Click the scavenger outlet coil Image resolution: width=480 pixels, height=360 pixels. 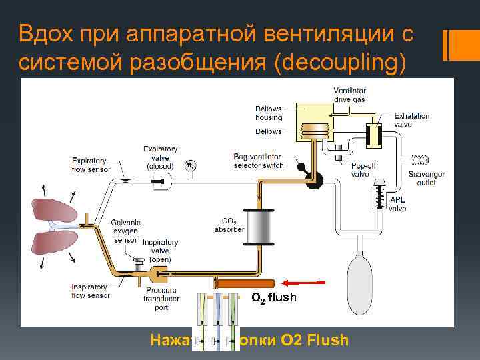pos(419,160)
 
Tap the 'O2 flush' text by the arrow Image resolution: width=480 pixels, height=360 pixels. pos(273,297)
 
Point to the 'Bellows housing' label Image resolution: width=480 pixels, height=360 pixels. pos(269,113)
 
